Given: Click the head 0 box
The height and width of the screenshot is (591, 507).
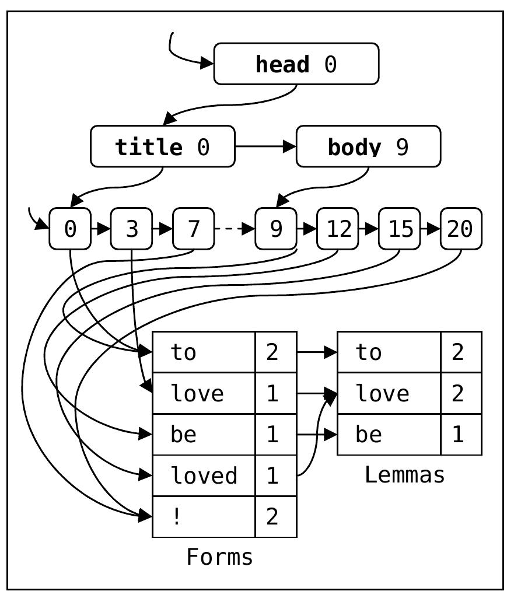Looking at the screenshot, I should point(296,64).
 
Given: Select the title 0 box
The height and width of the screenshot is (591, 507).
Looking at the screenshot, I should point(163,146).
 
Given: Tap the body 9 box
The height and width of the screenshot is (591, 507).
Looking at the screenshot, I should point(368,146).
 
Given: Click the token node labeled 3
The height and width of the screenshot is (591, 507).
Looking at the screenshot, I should point(132,229).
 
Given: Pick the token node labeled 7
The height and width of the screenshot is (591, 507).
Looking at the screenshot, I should point(194,229).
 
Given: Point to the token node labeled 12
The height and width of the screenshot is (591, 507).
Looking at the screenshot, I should point(337,229).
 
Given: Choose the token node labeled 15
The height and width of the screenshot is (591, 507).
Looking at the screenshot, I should point(400,229).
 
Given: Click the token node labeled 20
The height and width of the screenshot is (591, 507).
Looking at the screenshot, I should point(461,229).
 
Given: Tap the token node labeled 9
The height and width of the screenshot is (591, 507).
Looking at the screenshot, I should point(276,229).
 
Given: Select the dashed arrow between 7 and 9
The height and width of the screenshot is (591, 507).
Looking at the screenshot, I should point(235,229).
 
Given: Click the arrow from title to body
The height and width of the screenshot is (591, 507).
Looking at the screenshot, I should point(265,146).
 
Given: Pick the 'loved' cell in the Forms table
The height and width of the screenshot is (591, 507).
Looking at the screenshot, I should point(204,476).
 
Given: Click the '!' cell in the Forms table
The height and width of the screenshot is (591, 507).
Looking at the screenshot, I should point(204,517).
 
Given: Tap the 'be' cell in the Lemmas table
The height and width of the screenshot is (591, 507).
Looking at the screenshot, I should point(389,435).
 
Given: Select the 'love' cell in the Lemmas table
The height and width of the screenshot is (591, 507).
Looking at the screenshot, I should point(389,394).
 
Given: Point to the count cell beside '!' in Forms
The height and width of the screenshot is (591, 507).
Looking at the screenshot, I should point(276,517).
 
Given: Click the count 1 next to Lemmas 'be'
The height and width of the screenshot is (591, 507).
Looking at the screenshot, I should point(461,435).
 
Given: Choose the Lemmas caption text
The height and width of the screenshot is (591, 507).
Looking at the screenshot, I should point(405,475).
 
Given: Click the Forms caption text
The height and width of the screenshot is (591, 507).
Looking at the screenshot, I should point(220,557).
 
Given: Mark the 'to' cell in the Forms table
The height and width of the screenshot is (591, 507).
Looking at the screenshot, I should point(204,352).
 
